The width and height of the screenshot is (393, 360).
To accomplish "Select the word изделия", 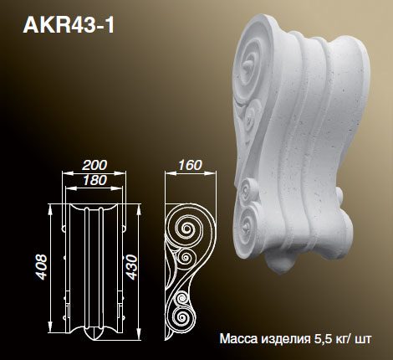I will [285, 341].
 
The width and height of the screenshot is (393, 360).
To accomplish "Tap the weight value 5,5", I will [328, 341].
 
